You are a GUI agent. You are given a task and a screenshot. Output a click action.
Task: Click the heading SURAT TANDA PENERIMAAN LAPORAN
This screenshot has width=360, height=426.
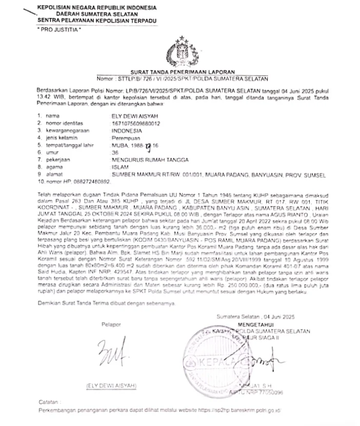tap(183, 71)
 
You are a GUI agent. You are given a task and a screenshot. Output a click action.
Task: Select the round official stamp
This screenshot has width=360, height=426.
tap(222, 361)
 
